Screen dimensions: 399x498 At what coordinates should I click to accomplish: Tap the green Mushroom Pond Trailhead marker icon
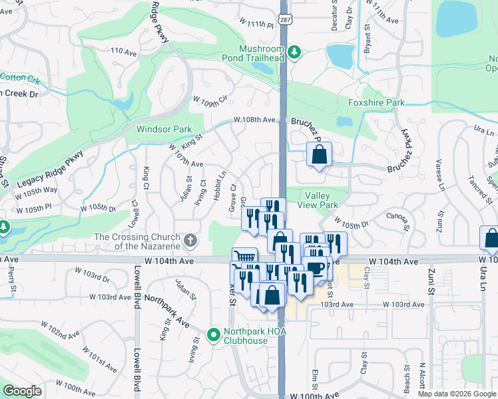(294, 51)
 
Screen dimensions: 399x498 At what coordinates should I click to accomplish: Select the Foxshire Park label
(376, 103)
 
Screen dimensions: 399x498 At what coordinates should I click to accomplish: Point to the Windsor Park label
(164, 129)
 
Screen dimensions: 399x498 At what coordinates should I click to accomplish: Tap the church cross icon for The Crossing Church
(190, 239)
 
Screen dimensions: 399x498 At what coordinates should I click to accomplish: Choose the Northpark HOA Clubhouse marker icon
(214, 334)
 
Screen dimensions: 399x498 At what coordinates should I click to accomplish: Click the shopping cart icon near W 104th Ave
(244, 258)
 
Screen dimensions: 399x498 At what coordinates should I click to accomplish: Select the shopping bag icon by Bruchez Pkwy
(320, 155)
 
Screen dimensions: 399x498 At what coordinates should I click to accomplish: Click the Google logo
(22, 391)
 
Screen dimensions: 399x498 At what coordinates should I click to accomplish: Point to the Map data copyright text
(457, 394)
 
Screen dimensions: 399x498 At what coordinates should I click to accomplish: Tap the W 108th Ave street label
(254, 120)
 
